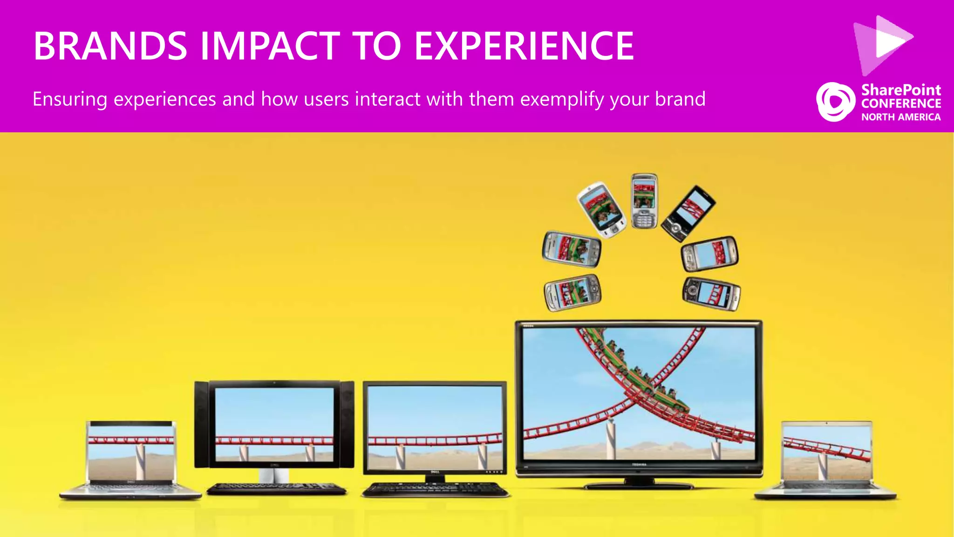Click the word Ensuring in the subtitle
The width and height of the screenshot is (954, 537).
(70, 99)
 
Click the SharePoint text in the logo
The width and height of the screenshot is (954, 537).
(900, 89)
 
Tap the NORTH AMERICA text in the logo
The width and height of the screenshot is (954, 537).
(900, 117)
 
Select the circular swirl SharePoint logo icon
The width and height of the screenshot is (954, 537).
(835, 102)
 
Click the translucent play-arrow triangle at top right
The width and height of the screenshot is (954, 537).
(883, 44)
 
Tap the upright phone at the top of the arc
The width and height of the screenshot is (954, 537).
(644, 201)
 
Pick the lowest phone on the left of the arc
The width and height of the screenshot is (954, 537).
(572, 293)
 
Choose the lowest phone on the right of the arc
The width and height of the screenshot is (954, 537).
(711, 294)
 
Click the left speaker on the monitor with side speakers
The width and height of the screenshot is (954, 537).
(201, 424)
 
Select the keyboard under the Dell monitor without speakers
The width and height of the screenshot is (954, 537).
(436, 489)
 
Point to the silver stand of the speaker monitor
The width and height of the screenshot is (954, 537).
(274, 476)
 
